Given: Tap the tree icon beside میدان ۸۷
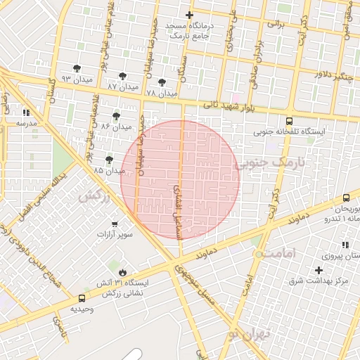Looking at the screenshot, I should click(x=123, y=74).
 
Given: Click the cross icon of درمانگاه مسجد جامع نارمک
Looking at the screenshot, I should click(x=188, y=15).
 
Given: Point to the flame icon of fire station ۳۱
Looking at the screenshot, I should click(x=123, y=272).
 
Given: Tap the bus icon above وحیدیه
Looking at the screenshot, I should click(x=82, y=298).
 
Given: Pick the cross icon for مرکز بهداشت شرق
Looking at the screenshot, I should click(x=319, y=270).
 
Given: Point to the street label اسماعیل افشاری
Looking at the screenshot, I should click(x=176, y=212).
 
